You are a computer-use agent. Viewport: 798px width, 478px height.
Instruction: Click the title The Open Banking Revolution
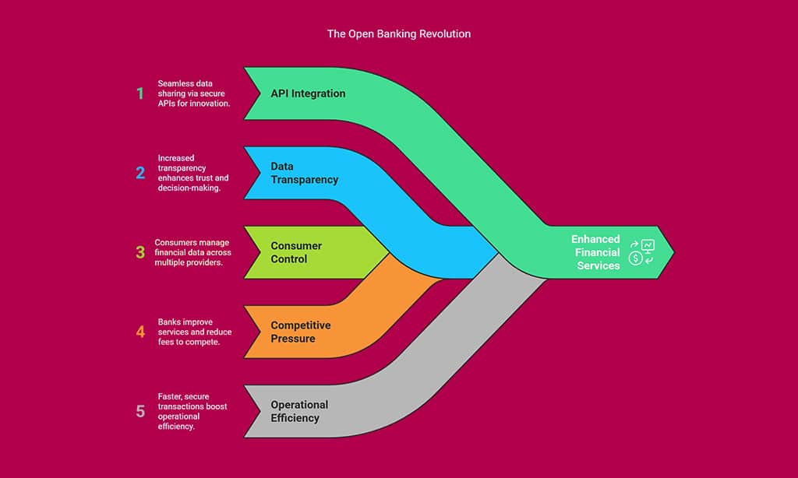point(398,34)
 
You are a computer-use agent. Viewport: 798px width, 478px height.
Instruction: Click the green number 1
point(140,94)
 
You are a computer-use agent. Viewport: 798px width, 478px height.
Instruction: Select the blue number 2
point(140,173)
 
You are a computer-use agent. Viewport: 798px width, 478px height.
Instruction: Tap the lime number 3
point(140,252)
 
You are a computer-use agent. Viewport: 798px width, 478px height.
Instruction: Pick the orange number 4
point(140,332)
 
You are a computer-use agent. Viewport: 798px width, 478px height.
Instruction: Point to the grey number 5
point(140,411)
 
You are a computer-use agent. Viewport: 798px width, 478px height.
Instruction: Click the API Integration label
point(308,93)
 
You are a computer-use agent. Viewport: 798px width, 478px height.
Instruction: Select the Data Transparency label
point(305,173)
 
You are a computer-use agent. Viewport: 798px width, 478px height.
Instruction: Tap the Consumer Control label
point(296,252)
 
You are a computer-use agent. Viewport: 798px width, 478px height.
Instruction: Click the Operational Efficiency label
point(300,411)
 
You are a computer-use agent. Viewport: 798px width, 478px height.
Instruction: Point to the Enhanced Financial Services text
point(596,252)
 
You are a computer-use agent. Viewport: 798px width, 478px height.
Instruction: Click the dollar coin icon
point(636,258)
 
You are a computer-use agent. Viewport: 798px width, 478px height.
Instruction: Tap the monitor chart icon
point(648,246)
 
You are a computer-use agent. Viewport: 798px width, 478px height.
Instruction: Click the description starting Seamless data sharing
point(194,94)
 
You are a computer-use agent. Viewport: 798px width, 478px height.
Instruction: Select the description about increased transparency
point(194,173)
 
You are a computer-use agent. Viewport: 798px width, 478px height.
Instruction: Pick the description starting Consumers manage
point(192,252)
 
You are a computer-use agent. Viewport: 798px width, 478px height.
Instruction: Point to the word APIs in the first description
point(169,104)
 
